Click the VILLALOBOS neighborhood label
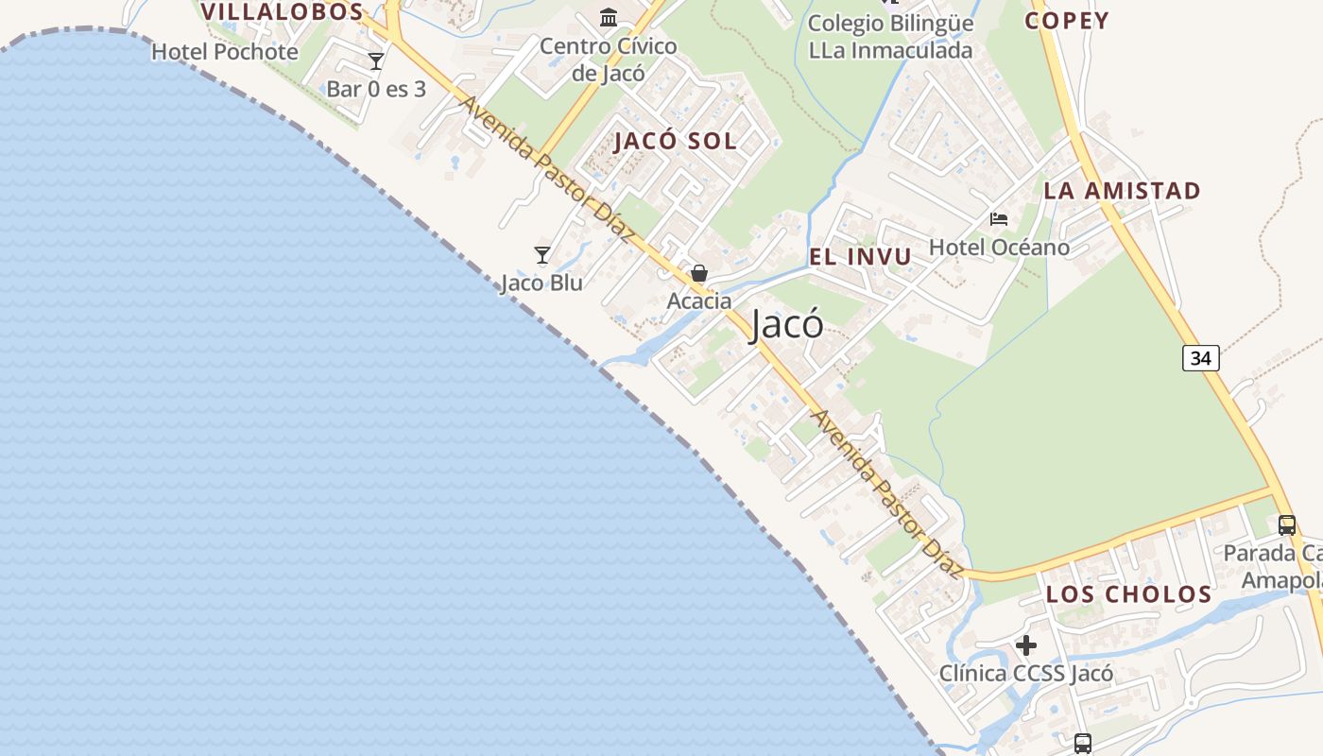(282, 12)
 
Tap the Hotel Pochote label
(225, 52)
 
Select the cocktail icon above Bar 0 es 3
(376, 61)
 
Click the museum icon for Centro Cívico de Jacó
(609, 17)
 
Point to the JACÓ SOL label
(675, 141)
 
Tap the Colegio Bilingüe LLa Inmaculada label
(890, 37)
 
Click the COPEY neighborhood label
(1067, 20)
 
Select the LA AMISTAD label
(1122, 190)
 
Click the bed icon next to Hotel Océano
(999, 219)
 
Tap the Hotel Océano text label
(1000, 248)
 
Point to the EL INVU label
(860, 256)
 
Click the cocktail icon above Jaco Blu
(542, 255)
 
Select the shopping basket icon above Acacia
(699, 274)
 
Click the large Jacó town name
(786, 325)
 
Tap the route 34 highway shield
(1200, 358)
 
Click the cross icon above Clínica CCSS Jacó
(1026, 646)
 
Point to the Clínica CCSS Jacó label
(1026, 675)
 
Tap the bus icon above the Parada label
(1286, 525)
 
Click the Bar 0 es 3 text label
(376, 90)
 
